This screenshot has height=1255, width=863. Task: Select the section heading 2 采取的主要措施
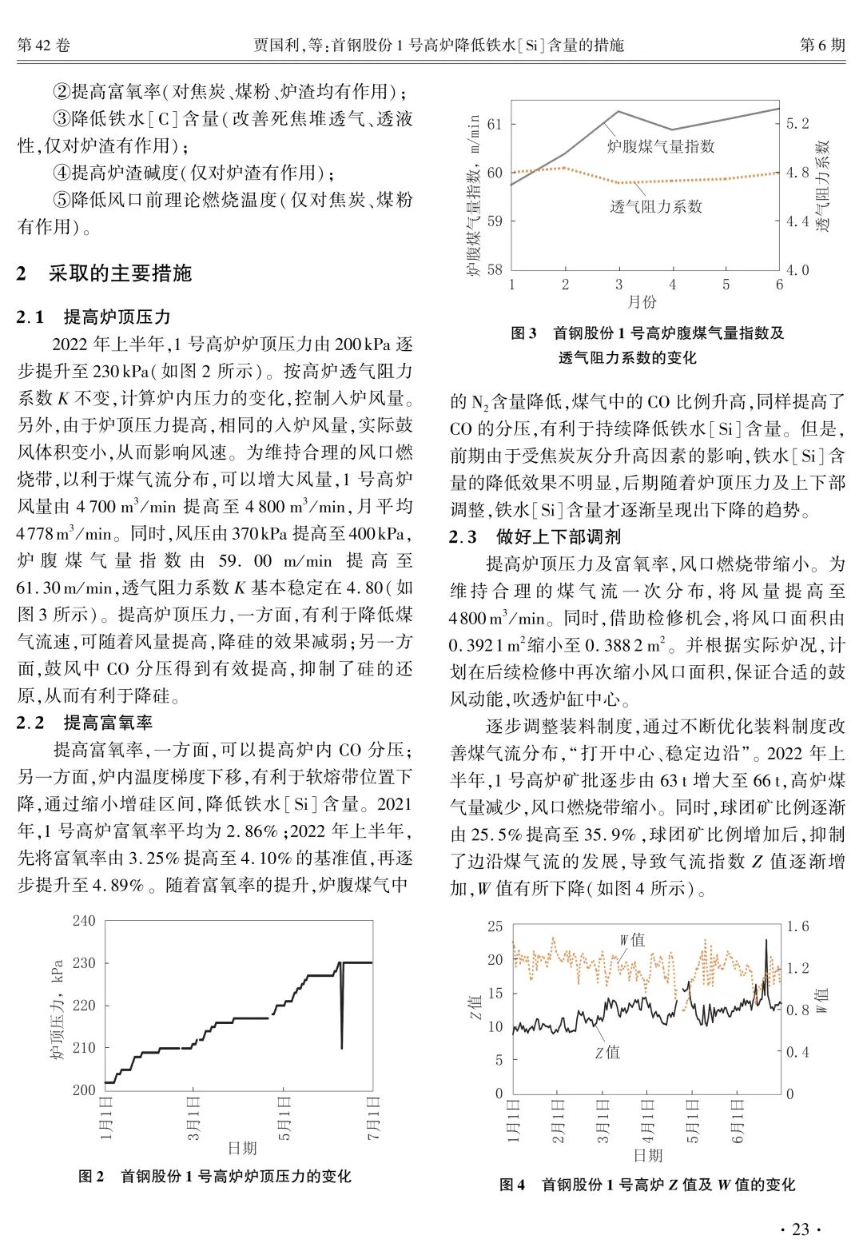(x=105, y=273)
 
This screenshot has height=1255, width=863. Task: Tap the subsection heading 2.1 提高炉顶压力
(x=94, y=317)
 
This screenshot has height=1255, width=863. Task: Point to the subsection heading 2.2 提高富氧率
(x=86, y=723)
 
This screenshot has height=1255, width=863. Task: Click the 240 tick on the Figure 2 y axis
(x=84, y=921)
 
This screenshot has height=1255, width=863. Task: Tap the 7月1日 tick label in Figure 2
(x=373, y=1118)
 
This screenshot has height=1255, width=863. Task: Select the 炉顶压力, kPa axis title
(x=58, y=1008)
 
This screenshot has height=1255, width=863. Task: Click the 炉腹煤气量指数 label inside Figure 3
(x=660, y=146)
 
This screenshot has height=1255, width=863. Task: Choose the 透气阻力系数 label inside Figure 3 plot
(x=656, y=206)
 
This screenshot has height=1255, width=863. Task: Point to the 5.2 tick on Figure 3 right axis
(x=797, y=124)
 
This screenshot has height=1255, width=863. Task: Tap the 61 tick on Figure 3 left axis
(x=495, y=124)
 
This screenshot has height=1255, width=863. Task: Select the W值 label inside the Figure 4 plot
(x=632, y=940)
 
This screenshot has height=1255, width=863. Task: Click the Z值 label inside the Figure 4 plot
(x=607, y=1052)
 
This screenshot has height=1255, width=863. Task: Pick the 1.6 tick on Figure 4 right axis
(x=797, y=926)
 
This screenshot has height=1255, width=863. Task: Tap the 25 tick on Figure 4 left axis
(x=495, y=926)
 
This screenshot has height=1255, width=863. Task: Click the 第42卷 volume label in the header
(x=44, y=46)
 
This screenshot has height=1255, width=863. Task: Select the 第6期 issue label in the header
(x=822, y=46)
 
